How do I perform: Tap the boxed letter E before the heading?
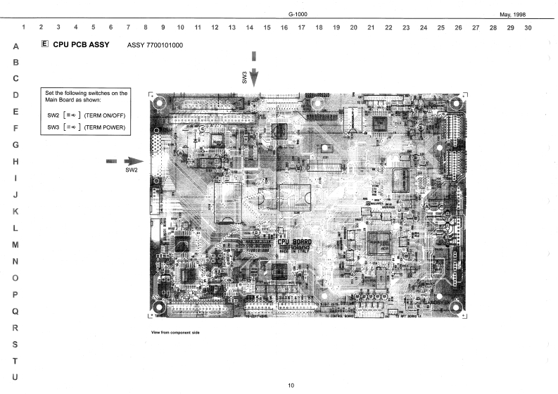[x=46, y=45]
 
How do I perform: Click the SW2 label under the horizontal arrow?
[x=131, y=170]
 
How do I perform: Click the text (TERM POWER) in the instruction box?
[x=104, y=127]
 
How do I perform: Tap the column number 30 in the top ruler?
[x=528, y=27]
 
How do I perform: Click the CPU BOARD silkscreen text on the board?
[x=294, y=242]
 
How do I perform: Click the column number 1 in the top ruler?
[x=25, y=27]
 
